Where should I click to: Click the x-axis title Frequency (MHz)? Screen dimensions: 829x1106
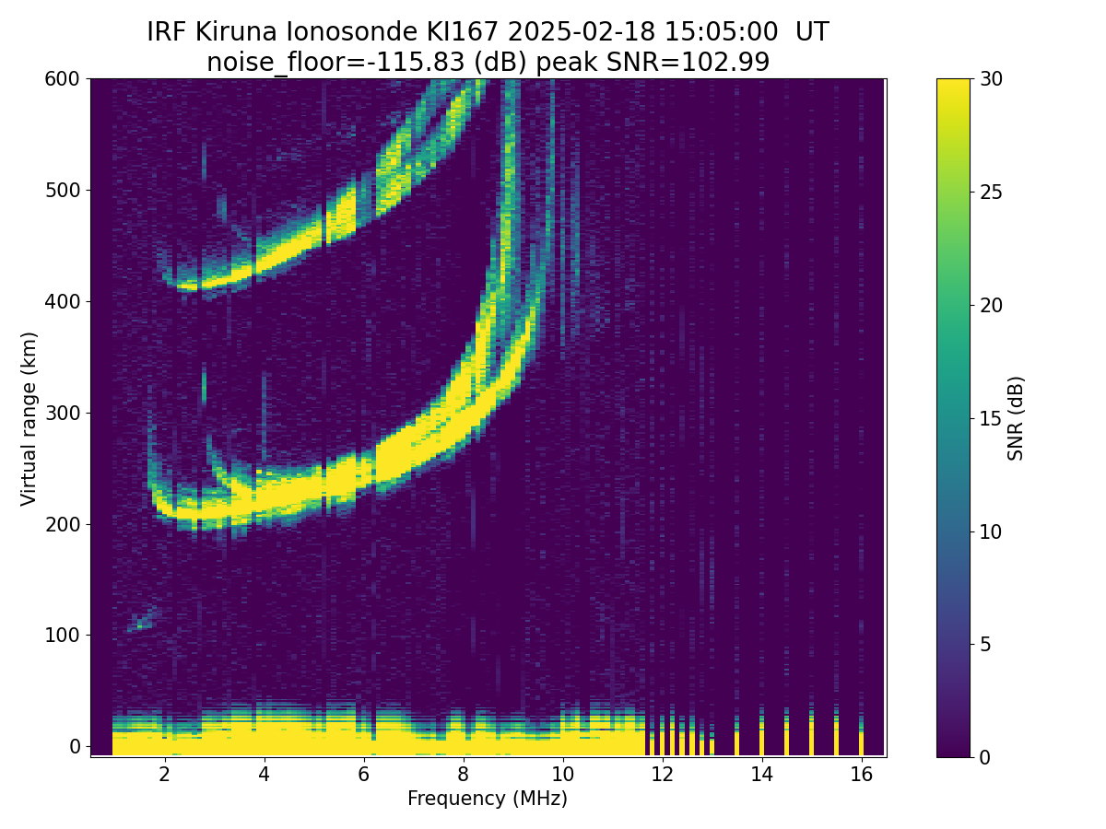click(x=488, y=799)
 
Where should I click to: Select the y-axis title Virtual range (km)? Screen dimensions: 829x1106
click(x=29, y=418)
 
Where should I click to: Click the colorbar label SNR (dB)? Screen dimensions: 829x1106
click(x=1016, y=418)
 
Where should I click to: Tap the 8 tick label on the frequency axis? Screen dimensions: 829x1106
click(x=463, y=775)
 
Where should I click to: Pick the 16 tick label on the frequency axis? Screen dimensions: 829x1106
click(x=861, y=775)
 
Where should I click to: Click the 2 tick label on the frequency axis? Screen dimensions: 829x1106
click(x=164, y=775)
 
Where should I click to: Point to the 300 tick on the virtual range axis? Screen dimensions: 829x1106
click(x=62, y=413)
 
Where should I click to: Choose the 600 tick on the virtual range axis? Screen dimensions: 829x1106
click(x=62, y=79)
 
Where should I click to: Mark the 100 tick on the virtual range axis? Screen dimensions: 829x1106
click(x=62, y=636)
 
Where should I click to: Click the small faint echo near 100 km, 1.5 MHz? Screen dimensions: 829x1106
click(x=144, y=621)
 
